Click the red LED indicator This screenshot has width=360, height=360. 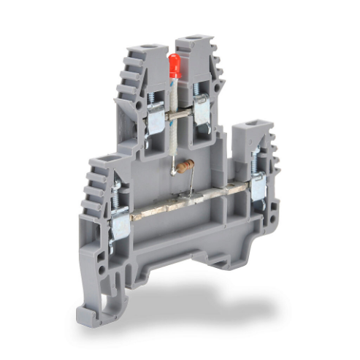click(175, 66)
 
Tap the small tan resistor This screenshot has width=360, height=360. click(185, 166)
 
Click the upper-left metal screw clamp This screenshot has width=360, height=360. click(155, 117)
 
